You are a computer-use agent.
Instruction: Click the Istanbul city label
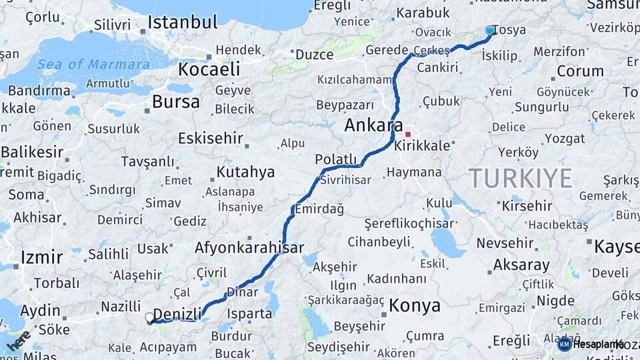point(182,22)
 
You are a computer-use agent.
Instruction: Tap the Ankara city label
point(373,125)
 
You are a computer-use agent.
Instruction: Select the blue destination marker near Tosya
point(490,30)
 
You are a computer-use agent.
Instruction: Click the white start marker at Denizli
point(150,318)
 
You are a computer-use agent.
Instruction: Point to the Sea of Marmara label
point(93,65)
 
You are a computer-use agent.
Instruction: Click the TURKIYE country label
point(520,178)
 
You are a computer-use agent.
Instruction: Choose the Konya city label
point(415,305)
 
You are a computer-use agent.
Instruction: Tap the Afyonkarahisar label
point(249,247)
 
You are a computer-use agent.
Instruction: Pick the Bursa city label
point(175,102)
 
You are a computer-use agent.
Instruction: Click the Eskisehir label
point(211,138)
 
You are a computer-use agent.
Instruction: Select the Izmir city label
point(41,257)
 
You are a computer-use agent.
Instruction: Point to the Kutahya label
point(245,172)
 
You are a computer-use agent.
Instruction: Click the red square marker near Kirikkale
point(408,134)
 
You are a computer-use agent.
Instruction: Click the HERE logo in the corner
point(17,341)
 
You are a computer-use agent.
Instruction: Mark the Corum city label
point(580,71)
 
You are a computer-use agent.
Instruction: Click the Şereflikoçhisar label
point(409,224)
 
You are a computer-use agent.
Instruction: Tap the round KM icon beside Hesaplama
point(564,344)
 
